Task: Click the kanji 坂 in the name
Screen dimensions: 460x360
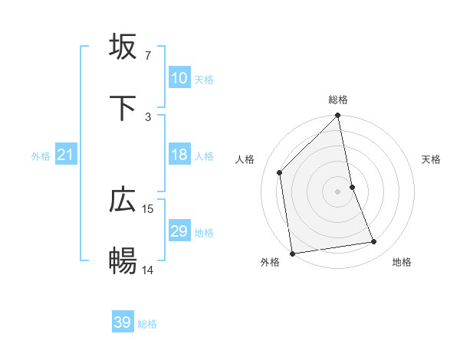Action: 123,47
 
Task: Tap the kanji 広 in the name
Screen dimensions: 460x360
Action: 123,200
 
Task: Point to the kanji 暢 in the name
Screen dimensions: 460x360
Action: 123,261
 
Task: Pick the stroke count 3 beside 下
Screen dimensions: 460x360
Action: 148,116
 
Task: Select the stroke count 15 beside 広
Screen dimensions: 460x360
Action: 149,208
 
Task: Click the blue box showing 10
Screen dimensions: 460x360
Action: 179,78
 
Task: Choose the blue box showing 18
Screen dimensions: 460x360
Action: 179,155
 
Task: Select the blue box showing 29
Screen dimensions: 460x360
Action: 179,231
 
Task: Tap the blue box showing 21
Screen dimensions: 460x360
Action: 66,155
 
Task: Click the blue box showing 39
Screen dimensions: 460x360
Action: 123,322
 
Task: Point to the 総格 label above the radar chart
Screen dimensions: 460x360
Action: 338,100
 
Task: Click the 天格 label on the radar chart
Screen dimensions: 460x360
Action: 432,159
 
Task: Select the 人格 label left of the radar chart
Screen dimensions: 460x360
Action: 246,159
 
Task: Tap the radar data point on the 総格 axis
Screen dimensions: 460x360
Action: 338,116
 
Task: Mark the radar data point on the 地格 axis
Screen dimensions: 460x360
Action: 374,242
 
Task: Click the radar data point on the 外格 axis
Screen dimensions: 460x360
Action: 292,253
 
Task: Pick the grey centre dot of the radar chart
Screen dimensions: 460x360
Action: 338,191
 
